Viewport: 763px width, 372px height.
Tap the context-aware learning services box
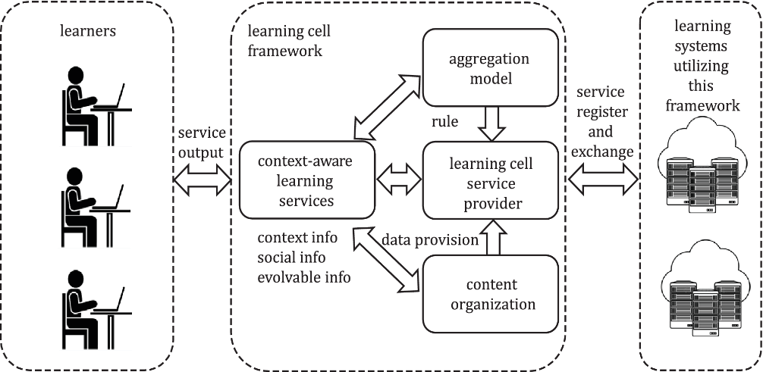[x=306, y=180]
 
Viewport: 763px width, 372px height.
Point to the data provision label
[x=430, y=239]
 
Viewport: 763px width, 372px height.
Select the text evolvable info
[x=304, y=277]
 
